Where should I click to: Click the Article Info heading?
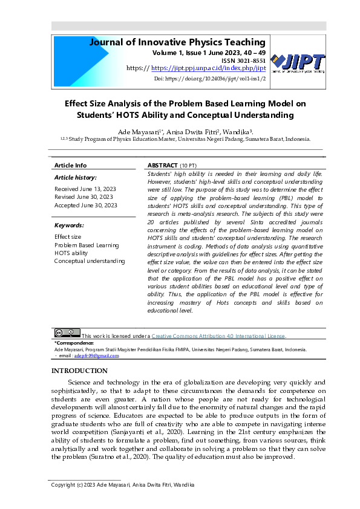(x=70, y=165)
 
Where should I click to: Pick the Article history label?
(x=75, y=178)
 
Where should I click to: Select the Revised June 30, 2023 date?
(x=83, y=197)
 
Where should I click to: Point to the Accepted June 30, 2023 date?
(x=85, y=206)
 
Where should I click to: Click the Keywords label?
(x=69, y=225)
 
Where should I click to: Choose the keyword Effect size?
(x=68, y=237)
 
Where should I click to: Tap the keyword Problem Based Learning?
(x=87, y=245)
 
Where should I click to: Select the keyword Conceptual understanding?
(x=90, y=261)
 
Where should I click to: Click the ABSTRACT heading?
(x=162, y=165)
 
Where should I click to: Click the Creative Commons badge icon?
(x=67, y=332)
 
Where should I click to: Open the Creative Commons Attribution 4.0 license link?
(x=218, y=336)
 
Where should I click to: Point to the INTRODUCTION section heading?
(x=79, y=371)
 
